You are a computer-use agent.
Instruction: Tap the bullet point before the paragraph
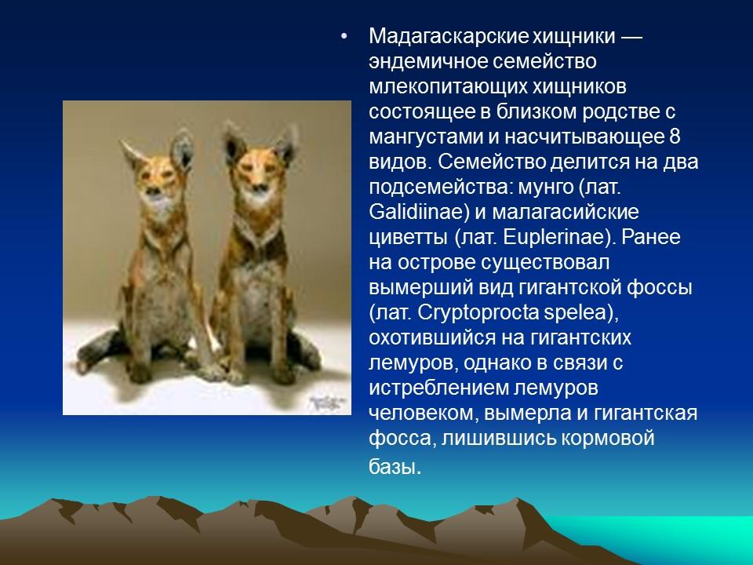(342, 38)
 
